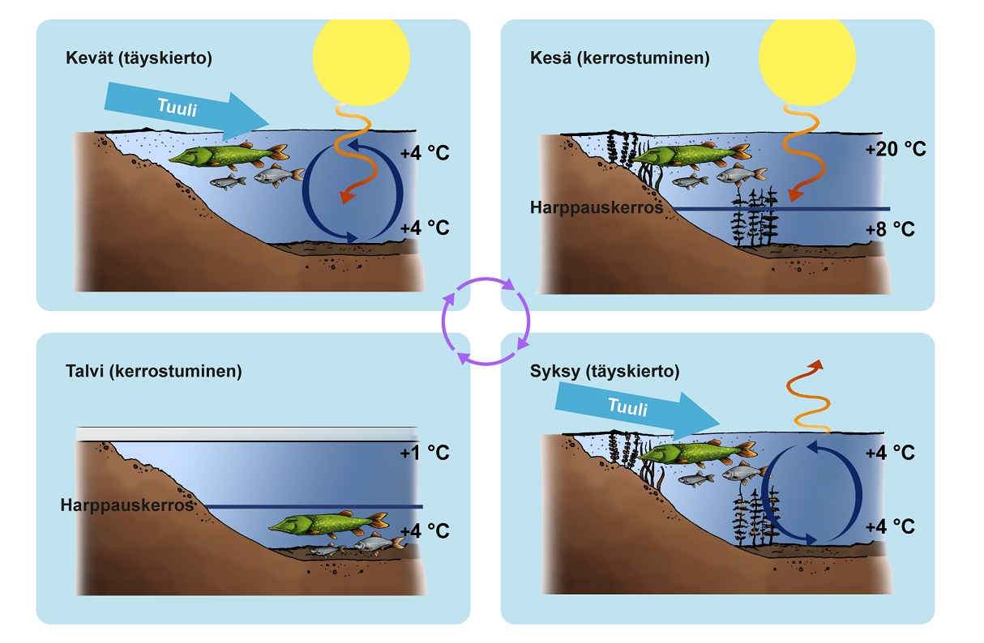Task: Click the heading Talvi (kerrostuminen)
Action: (x=153, y=372)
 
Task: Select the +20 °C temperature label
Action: (x=895, y=150)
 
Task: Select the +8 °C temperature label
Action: (x=889, y=229)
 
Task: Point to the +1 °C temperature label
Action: (x=424, y=452)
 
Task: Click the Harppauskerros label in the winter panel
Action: (x=127, y=505)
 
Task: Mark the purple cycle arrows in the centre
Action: (x=486, y=321)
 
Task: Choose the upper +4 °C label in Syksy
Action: (x=889, y=452)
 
